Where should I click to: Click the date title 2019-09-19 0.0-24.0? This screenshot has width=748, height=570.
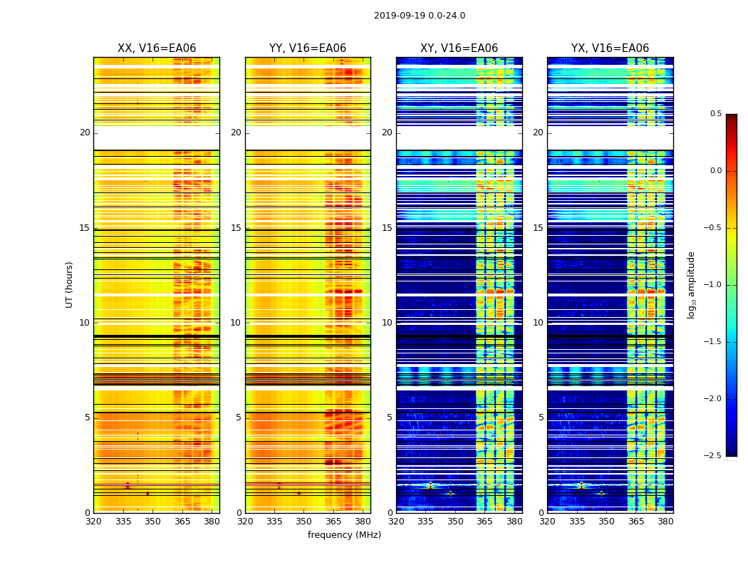pyautogui.click(x=420, y=16)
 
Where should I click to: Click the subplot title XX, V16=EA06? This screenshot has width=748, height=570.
pyautogui.click(x=157, y=48)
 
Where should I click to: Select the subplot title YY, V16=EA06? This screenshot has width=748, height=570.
pyautogui.click(x=308, y=48)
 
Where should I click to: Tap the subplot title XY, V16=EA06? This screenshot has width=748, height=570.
pyautogui.click(x=459, y=48)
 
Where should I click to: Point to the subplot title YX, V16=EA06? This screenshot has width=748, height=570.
pyautogui.click(x=610, y=48)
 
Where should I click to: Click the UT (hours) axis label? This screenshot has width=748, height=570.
pyautogui.click(x=69, y=284)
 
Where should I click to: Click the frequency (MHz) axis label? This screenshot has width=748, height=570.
pyautogui.click(x=344, y=535)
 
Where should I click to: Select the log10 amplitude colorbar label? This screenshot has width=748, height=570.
pyautogui.click(x=691, y=284)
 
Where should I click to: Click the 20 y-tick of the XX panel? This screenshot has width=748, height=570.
pyautogui.click(x=85, y=133)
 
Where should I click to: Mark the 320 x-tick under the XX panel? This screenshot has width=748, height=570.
pyautogui.click(x=93, y=521)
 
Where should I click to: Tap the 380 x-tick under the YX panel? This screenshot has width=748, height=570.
pyautogui.click(x=665, y=521)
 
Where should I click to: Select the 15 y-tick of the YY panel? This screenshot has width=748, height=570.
pyautogui.click(x=236, y=228)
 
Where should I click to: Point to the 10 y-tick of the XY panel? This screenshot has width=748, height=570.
pyautogui.click(x=387, y=323)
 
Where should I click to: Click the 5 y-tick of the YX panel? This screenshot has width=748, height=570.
pyautogui.click(x=541, y=418)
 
